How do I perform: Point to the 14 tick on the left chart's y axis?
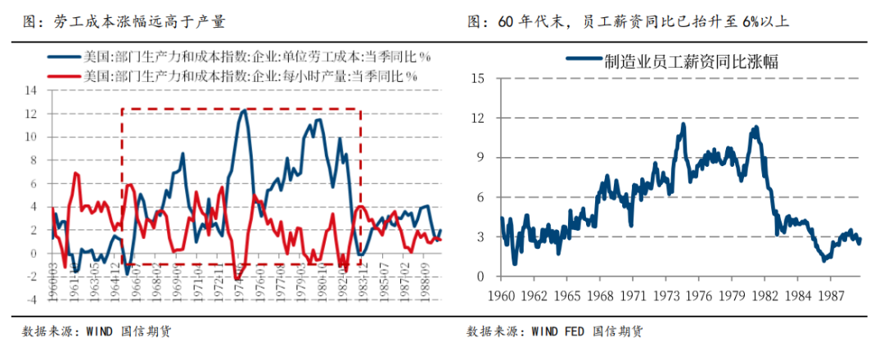point(32,90)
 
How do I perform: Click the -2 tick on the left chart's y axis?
point(32,277)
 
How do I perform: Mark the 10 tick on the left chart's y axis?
point(32,137)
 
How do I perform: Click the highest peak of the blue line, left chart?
point(244,110)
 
